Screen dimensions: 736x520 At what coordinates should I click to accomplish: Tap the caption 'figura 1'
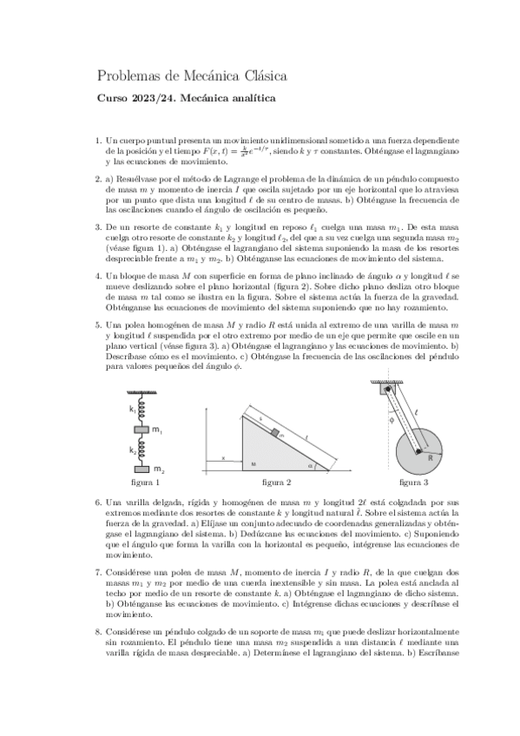coord(145,482)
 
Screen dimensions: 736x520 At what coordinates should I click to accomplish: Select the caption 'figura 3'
coord(415,482)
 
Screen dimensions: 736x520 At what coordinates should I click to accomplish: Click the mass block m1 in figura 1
coord(142,430)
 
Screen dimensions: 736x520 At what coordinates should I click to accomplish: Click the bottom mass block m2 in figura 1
coord(142,469)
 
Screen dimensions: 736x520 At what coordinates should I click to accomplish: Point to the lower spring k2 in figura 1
coord(142,450)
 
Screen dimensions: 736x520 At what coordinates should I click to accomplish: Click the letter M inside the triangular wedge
coord(253,464)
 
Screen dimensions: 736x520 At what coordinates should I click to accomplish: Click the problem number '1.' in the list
coord(98,141)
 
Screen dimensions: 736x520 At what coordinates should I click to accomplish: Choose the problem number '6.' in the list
coord(98,503)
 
